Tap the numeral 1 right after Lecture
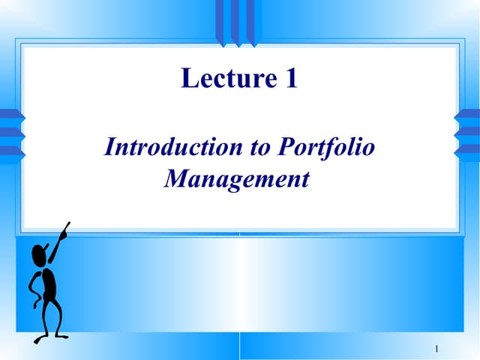click(x=292, y=77)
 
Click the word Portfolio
click(x=325, y=148)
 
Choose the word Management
click(x=236, y=180)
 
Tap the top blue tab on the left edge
click(x=10, y=115)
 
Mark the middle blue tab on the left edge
click(x=10, y=133)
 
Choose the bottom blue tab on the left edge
click(x=10, y=150)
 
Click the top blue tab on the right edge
click(x=468, y=115)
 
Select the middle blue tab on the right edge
click(x=468, y=133)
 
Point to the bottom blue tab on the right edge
click(x=468, y=150)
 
